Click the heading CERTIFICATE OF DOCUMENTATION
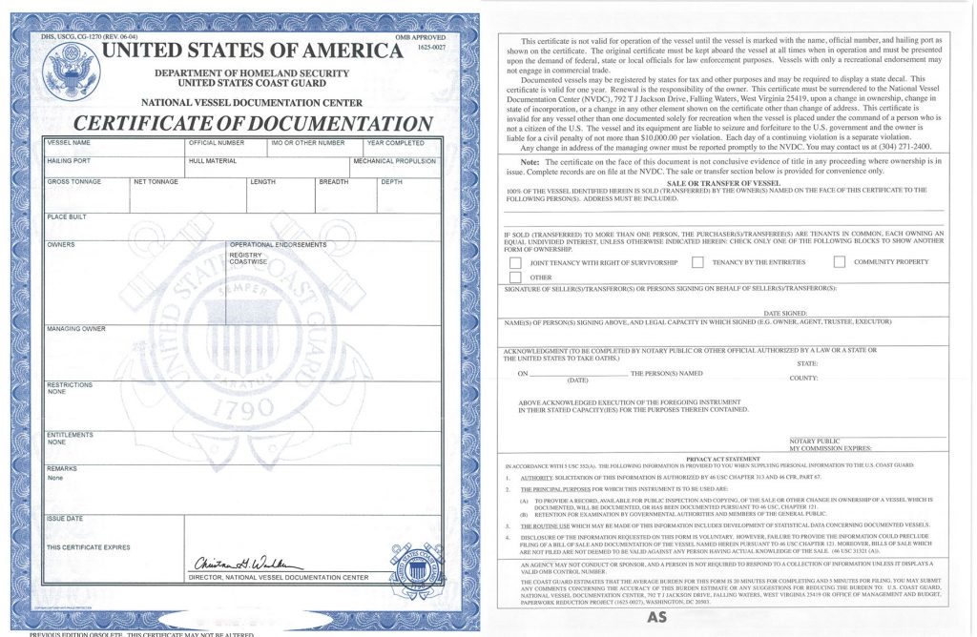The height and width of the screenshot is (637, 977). tap(253, 123)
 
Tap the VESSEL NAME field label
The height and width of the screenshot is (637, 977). tap(68, 143)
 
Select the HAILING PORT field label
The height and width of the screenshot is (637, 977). tap(69, 161)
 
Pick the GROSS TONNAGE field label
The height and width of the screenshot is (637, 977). tap(73, 181)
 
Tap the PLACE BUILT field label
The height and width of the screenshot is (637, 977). tap(67, 217)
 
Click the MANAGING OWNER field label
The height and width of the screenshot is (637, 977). tap(76, 329)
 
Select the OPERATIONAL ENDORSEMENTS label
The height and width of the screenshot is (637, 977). tap(278, 245)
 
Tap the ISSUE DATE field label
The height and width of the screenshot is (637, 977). tap(65, 518)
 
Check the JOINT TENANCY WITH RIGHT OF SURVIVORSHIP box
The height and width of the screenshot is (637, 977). tap(515, 262)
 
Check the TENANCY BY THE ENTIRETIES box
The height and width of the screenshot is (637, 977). tap(697, 261)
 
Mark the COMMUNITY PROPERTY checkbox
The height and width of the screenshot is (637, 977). tap(840, 261)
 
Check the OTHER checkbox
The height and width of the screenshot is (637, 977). tap(515, 277)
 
